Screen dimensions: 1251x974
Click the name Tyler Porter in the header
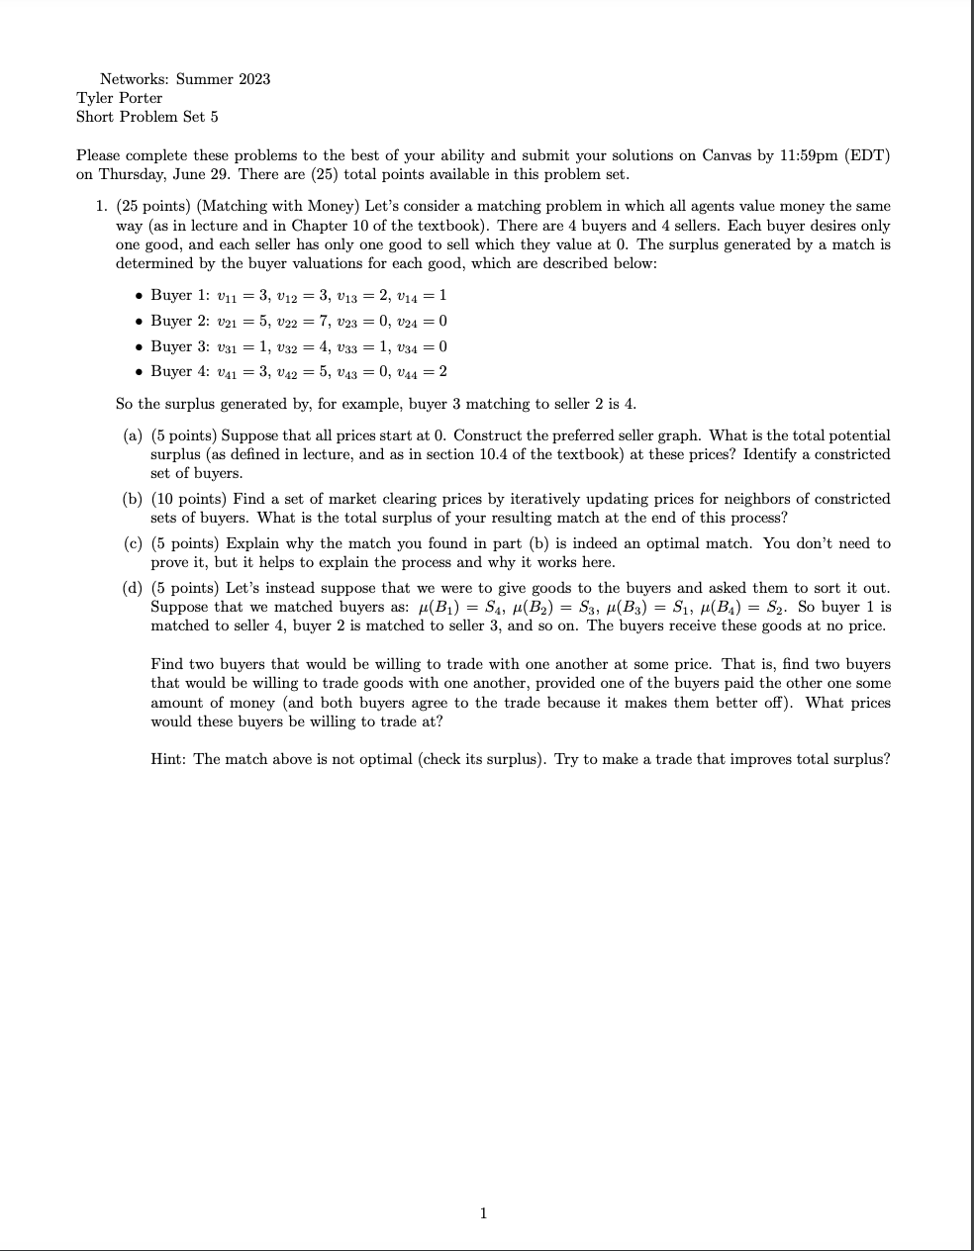click(119, 97)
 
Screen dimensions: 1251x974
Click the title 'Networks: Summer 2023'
click(185, 78)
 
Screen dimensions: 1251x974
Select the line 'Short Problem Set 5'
click(147, 116)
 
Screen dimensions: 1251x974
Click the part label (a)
click(133, 435)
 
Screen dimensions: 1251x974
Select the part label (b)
click(133, 499)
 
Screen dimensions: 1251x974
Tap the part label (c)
click(133, 543)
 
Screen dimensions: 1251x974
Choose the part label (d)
click(133, 588)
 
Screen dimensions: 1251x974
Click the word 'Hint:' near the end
click(169, 759)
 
